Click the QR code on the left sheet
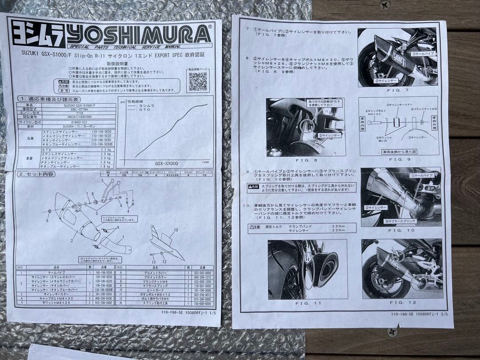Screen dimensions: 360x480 (197, 81)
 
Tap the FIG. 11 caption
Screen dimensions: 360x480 (308, 303)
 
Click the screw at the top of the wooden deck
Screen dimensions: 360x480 (385, 5)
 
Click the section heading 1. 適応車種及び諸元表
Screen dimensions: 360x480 (43, 98)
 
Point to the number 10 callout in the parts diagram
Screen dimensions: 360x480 (176, 230)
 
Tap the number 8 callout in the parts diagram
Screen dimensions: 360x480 (47, 220)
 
